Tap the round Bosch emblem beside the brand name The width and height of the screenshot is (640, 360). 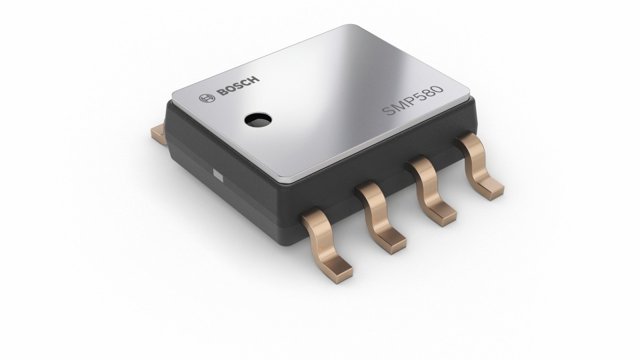204,99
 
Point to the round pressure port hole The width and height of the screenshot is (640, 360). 257,119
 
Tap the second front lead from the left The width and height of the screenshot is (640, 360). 378,212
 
